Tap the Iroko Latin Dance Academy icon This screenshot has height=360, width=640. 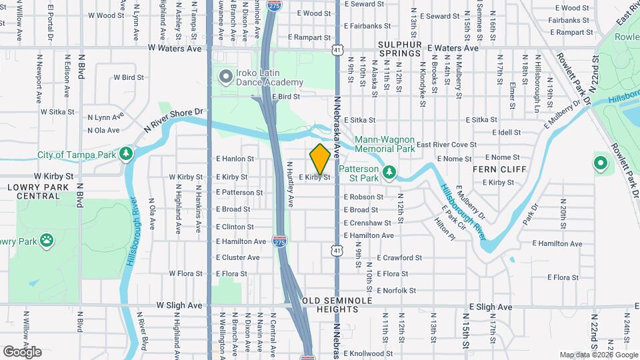tap(226, 77)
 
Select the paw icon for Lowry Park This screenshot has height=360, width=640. tap(47, 240)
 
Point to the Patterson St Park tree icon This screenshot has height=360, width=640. tap(389, 173)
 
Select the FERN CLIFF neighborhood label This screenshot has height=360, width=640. tap(497, 169)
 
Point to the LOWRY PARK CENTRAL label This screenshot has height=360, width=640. tap(34, 191)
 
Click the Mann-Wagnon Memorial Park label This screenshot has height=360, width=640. tap(385, 145)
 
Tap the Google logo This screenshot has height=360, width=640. tap(22, 352)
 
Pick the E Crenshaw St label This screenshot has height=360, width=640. tap(367, 223)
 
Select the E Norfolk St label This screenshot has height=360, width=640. tap(396, 291)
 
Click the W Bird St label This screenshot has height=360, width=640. tap(129, 77)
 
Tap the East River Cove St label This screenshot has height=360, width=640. tap(447, 145)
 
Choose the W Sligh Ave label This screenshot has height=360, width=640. tap(179, 305)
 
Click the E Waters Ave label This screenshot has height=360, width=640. tap(453, 48)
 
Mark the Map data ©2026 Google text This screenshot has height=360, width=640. tap(598, 355)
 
